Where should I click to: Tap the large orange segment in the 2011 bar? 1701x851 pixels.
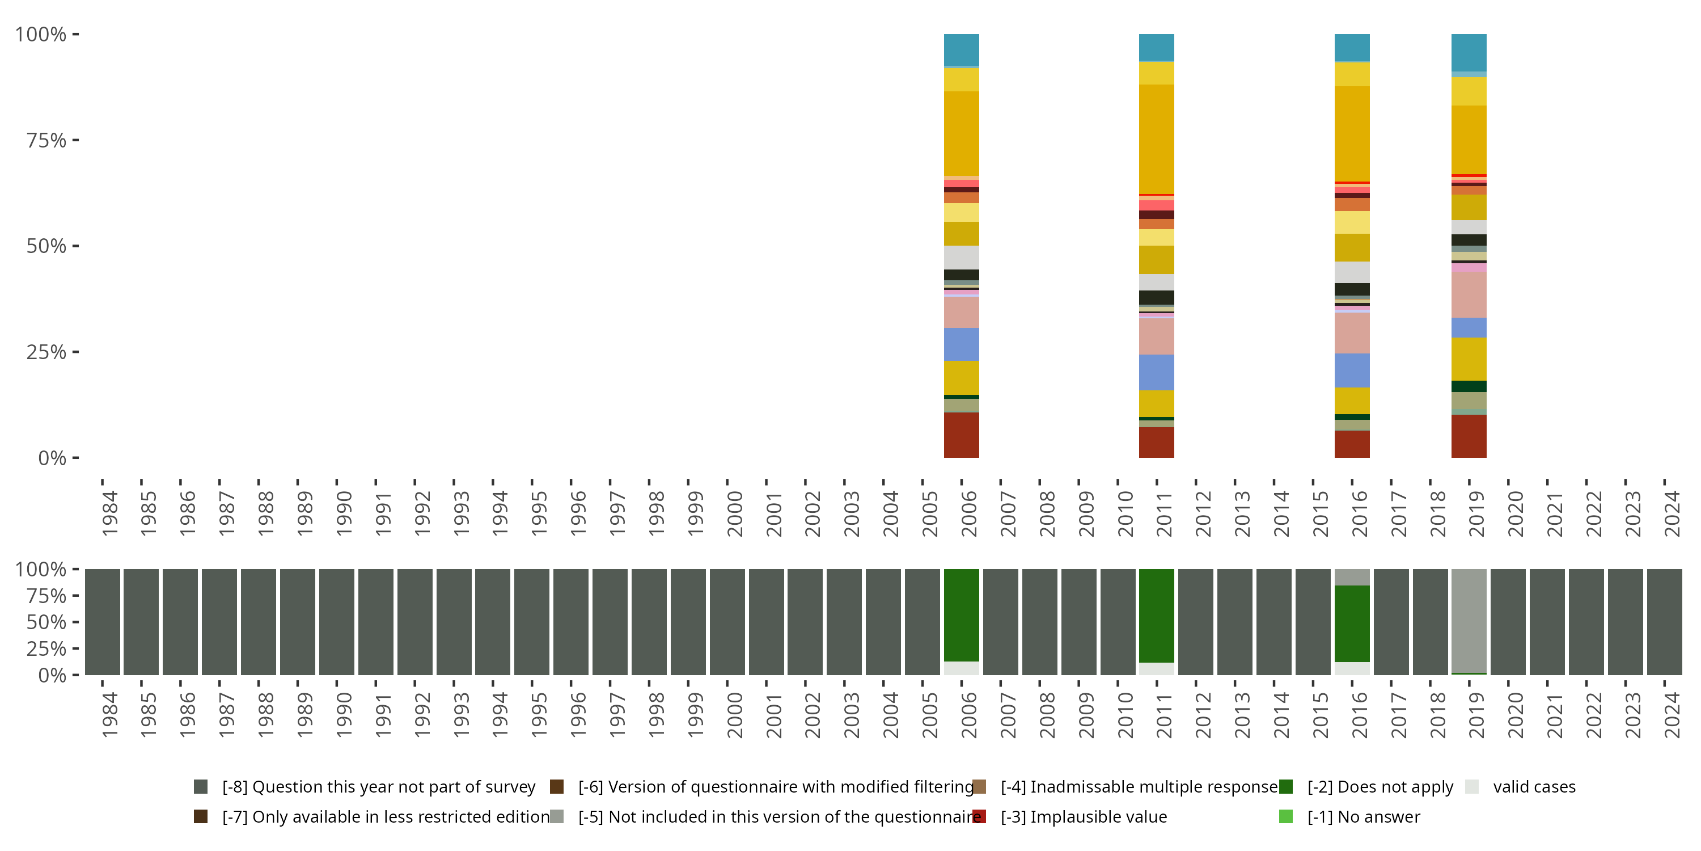coord(1156,139)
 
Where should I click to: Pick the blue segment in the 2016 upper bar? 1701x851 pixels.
coord(1352,370)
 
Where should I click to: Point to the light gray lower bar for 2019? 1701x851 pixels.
coord(1469,620)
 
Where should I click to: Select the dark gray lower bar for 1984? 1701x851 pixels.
coord(103,621)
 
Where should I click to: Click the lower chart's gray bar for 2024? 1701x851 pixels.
coord(1664,621)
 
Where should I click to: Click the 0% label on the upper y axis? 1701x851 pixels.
coord(52,458)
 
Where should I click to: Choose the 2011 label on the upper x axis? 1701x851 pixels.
coord(1164,514)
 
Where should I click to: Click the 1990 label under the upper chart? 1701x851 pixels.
coord(344,514)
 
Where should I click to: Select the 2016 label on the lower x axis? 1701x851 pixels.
coord(1360,715)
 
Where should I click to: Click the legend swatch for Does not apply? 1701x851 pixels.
coord(1285,786)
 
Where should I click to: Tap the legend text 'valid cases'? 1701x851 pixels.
coord(1534,786)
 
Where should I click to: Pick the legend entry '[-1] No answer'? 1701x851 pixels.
coord(1363,816)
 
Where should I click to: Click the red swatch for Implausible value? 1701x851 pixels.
coord(979,816)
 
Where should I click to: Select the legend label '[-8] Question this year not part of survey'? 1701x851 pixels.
coord(378,786)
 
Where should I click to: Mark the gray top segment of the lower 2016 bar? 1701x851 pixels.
coord(1352,577)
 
